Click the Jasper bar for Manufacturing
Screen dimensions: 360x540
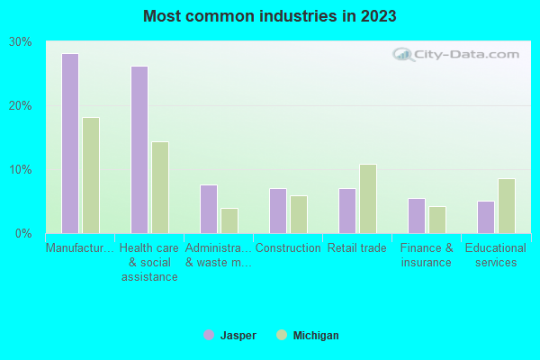[x=70, y=144]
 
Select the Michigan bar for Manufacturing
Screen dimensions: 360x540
[x=91, y=175]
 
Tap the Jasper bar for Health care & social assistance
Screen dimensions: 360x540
[x=139, y=150]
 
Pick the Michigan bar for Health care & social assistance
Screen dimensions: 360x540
[x=160, y=187]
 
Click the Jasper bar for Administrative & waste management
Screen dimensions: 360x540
[x=209, y=210]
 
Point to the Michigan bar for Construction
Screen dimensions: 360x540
[x=299, y=215]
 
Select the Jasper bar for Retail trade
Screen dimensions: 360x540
[x=347, y=211]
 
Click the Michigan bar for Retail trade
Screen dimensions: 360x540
[x=368, y=199]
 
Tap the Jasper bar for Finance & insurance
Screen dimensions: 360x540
[x=417, y=216]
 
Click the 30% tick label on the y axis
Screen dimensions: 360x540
[x=20, y=42]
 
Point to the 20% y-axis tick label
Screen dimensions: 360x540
[x=20, y=106]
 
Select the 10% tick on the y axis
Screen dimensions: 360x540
[x=20, y=170]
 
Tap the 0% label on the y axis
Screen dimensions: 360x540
[x=23, y=234]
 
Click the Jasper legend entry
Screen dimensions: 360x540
[x=229, y=336]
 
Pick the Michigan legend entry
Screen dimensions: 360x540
[x=308, y=336]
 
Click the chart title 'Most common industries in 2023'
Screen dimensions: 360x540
[x=270, y=16]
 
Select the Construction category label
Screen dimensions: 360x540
[x=288, y=248]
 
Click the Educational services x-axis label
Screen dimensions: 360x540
[x=496, y=256]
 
